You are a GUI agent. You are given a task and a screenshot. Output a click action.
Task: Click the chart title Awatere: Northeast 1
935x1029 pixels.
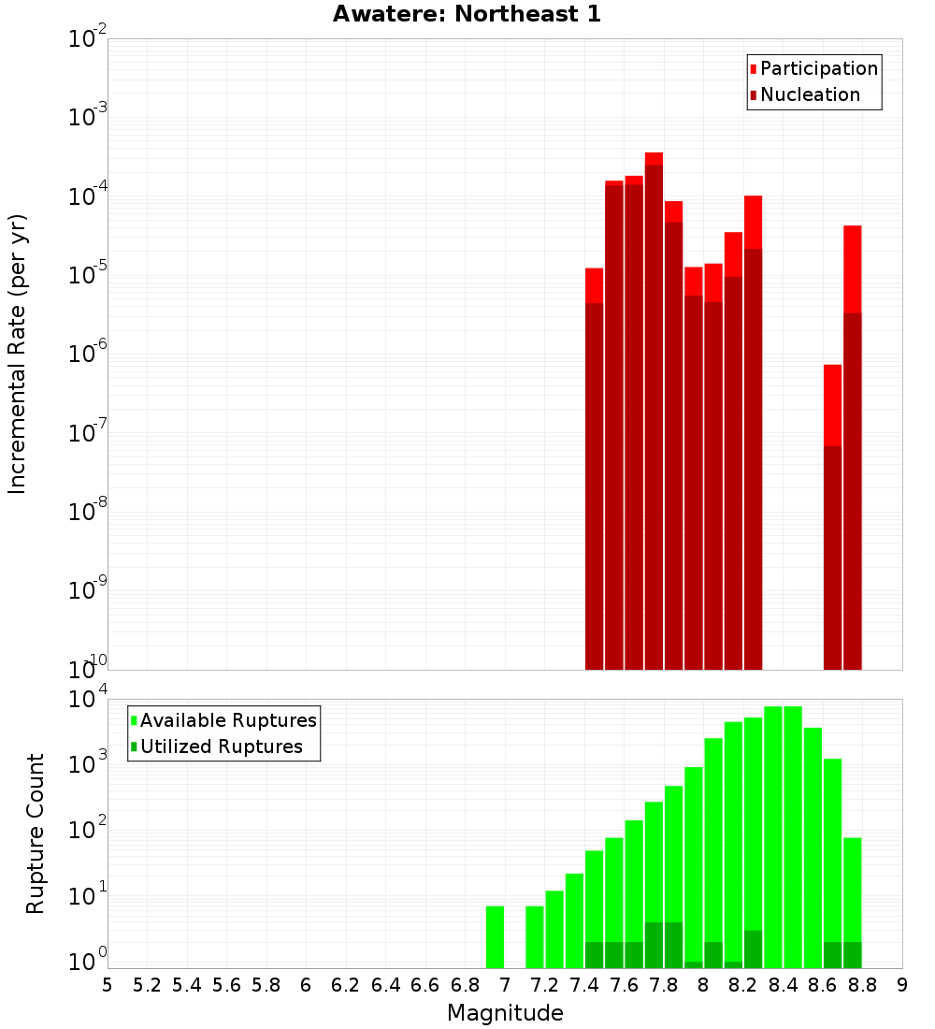[467, 14]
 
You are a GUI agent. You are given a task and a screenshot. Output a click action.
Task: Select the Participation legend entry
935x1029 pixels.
[818, 68]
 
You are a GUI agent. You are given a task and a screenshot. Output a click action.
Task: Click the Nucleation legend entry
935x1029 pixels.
[810, 94]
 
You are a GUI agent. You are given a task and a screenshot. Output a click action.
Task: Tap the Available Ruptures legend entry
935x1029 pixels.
[228, 720]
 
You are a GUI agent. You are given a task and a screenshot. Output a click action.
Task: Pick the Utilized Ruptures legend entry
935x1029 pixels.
[221, 746]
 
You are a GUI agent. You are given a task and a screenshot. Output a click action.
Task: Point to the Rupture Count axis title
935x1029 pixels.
[36, 833]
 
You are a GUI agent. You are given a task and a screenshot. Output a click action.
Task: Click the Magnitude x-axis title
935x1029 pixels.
[505, 1013]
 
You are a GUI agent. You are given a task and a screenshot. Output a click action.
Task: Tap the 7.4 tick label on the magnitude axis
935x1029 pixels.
[584, 985]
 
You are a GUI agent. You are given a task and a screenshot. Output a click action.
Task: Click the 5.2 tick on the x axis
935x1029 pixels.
[147, 985]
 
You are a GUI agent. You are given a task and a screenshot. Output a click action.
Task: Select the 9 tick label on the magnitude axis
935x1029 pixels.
[902, 985]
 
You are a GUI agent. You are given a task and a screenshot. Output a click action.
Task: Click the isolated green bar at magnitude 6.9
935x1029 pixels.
[496, 936]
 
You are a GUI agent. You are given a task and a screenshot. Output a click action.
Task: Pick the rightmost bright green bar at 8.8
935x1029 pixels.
[852, 889]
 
